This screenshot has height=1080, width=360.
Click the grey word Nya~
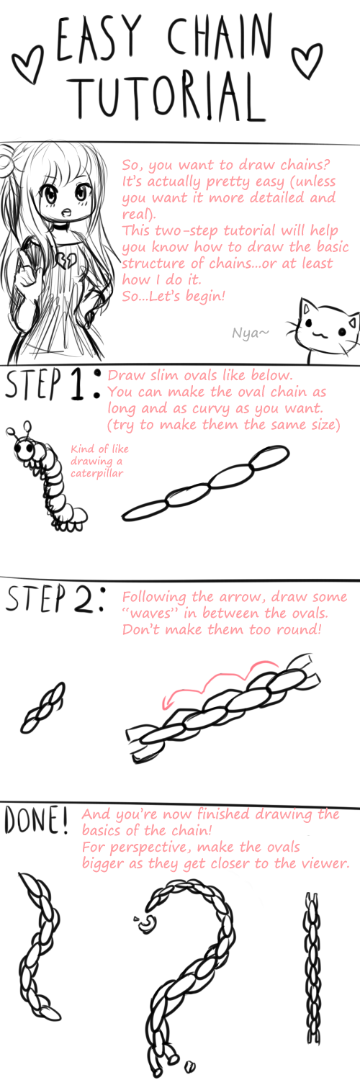point(250,332)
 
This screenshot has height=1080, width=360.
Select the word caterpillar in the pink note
point(97,473)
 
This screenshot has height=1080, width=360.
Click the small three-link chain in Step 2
point(42,707)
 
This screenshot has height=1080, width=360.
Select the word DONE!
point(36,820)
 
